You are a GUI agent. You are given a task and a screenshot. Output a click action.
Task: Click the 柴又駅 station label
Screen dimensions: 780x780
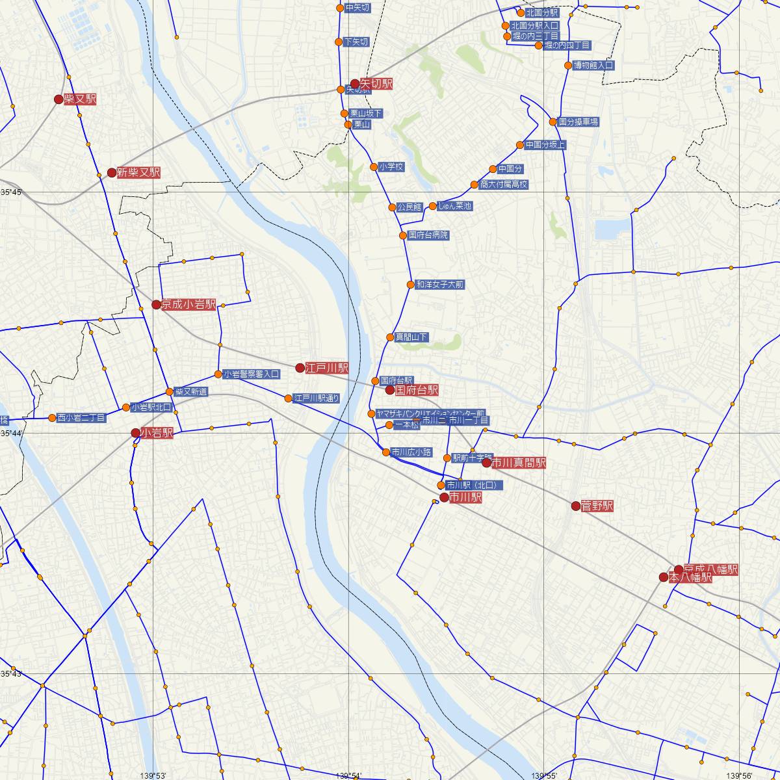tap(80, 99)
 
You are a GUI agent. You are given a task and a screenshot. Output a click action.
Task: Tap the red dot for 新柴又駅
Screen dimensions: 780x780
tap(112, 173)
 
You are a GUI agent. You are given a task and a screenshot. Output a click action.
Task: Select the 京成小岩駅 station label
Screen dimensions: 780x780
tap(188, 305)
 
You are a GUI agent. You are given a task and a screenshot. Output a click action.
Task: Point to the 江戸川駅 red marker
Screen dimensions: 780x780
tap(300, 368)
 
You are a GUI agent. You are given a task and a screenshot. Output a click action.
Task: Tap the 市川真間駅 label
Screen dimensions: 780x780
tap(518, 463)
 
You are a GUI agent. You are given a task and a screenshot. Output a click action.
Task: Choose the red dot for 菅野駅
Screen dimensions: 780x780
tap(576, 506)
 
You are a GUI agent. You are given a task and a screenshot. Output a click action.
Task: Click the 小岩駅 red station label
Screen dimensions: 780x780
tap(157, 433)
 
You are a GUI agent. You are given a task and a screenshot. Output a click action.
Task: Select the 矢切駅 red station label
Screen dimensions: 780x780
tap(377, 84)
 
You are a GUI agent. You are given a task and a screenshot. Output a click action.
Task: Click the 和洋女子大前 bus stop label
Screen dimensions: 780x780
tap(440, 285)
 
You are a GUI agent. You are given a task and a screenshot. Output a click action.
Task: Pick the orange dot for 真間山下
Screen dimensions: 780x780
tap(390, 337)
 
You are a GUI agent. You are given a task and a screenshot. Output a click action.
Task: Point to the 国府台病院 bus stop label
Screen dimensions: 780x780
tap(428, 235)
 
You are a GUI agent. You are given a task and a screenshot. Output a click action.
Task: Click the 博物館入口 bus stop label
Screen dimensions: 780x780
tap(593, 66)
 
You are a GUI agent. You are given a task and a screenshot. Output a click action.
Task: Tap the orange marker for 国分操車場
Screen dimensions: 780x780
tap(553, 122)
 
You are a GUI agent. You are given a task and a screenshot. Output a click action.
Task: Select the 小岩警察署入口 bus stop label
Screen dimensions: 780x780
tap(251, 374)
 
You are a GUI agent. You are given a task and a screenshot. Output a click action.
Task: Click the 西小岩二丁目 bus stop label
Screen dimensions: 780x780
tap(81, 418)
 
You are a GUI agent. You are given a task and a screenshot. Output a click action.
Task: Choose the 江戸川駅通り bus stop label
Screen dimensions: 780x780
tap(317, 398)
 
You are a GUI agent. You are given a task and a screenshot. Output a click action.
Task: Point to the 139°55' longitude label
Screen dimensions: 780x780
tap(543, 775)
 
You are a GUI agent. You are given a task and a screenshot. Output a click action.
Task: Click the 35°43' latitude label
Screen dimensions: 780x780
tap(11, 673)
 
